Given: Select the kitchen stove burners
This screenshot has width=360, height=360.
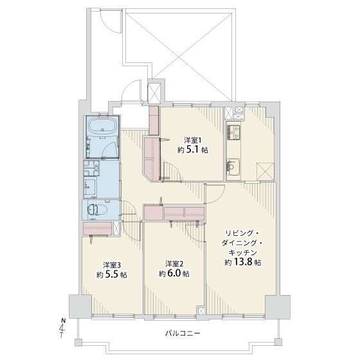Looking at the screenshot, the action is coord(233,132).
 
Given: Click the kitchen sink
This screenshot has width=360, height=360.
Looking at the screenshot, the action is coord(233,166).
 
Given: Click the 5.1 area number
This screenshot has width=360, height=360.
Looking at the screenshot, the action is coord(193,150).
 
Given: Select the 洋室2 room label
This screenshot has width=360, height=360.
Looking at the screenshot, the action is coord(174,264).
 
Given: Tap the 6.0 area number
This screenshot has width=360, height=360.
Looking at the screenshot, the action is coord(174,274).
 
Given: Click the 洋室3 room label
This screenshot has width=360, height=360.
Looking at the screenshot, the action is coord(112,265).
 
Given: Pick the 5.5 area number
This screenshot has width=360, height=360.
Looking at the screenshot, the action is coord(112,275).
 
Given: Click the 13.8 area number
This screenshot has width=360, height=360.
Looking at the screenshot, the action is coord(243,262).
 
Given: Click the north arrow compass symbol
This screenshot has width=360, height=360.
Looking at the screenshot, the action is coord(62,328).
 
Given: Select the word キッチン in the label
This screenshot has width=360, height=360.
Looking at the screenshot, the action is coord(243,253).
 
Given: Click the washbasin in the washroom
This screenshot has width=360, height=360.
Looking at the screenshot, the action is coord(90,187).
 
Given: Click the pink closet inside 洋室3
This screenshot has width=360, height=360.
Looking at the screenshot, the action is coord(97,228).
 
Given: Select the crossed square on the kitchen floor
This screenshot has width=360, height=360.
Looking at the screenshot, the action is coord(265,172).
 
